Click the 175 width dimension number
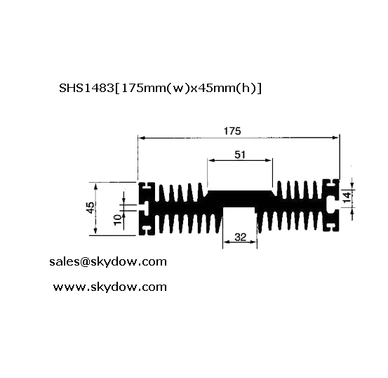pyautogui.click(x=232, y=131)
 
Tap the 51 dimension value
pyautogui.click(x=240, y=155)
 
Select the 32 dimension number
pyautogui.click(x=240, y=237)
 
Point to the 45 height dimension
pyautogui.click(x=91, y=208)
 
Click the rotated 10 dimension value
pyautogui.click(x=118, y=220)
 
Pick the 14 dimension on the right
pyautogui.click(x=347, y=197)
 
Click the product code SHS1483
pyautogui.click(x=86, y=88)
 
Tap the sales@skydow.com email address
pyautogui.click(x=108, y=262)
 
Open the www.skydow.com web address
pyautogui.click(x=110, y=287)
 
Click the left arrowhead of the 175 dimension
pyautogui.click(x=140, y=138)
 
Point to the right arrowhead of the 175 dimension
pyautogui.click(x=337, y=138)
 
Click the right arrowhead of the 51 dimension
pyautogui.click(x=269, y=161)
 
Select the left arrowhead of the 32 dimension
pyautogui.click(x=226, y=242)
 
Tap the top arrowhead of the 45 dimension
pyautogui.click(x=95, y=185)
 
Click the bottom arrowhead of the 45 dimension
pyautogui.click(x=95, y=233)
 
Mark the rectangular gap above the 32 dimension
pyautogui.click(x=239, y=220)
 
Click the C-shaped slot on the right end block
pyautogui.click(x=330, y=205)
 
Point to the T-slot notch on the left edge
pyautogui.click(x=144, y=208)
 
